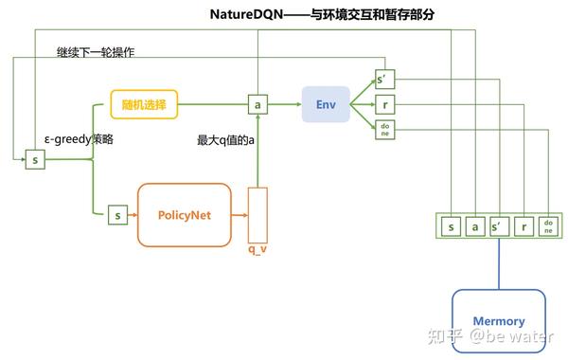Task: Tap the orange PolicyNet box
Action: [x=184, y=215]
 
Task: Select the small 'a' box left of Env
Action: [x=257, y=102]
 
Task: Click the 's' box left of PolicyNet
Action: [x=118, y=215]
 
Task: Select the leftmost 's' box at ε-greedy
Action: [x=34, y=160]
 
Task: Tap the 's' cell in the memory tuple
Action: [x=451, y=225]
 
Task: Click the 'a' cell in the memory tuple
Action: [x=474, y=225]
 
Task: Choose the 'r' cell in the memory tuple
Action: [x=523, y=225]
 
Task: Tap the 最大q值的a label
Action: [x=224, y=139]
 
